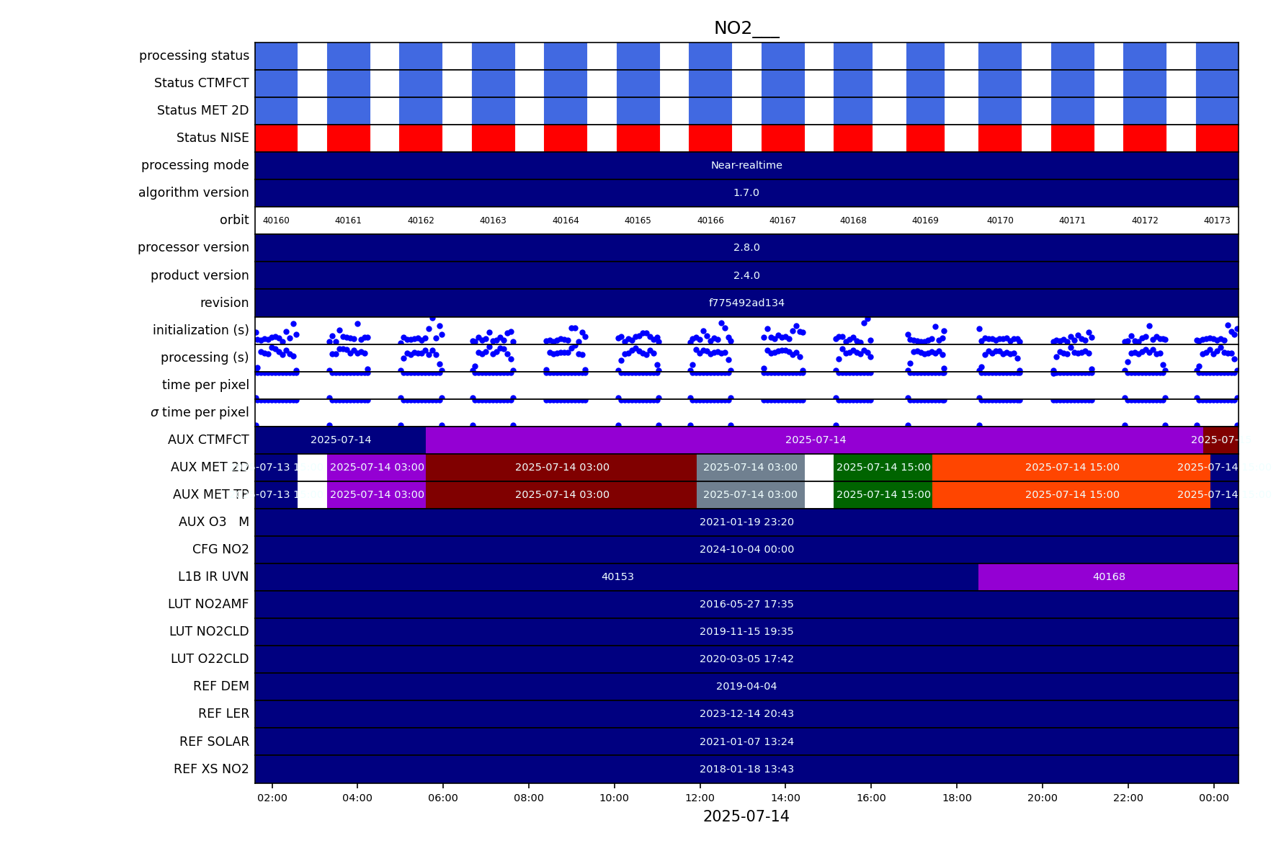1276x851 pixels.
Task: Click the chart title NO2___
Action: tap(746, 28)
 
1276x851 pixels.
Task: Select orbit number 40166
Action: tap(710, 220)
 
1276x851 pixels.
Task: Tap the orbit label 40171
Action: tap(1072, 220)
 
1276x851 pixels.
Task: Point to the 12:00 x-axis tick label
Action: tap(700, 798)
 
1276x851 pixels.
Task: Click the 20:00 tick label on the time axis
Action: tap(1042, 798)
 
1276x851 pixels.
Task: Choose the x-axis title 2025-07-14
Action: tap(746, 816)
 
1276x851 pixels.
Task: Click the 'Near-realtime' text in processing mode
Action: tap(746, 166)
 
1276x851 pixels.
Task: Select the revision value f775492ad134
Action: tap(746, 303)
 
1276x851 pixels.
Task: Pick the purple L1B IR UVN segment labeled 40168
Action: tap(1108, 577)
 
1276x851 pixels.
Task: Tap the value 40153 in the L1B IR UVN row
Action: tap(617, 577)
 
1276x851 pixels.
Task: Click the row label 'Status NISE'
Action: tap(213, 138)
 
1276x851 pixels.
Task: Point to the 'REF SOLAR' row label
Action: tap(214, 741)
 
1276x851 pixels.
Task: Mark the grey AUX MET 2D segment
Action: tap(750, 468)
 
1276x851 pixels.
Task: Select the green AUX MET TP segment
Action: tap(883, 495)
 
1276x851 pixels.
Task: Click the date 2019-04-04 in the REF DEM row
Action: tap(746, 687)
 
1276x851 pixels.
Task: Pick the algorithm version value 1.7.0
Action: tap(746, 193)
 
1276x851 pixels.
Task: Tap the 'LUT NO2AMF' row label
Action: tap(208, 604)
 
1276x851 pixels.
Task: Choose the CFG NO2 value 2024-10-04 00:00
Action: tap(746, 550)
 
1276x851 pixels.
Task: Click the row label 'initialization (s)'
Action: tap(200, 330)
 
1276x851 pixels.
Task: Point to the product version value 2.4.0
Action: tap(746, 276)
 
